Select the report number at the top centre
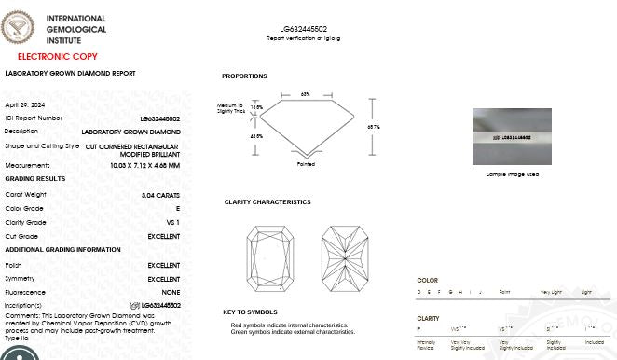click(x=303, y=30)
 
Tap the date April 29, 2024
click(x=23, y=104)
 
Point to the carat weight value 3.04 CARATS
click(x=160, y=195)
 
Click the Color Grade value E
click(x=177, y=209)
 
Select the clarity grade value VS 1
click(x=172, y=223)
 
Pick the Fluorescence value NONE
click(x=171, y=293)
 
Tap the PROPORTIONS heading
click(x=244, y=76)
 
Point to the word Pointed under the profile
click(x=306, y=164)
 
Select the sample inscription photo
click(x=512, y=136)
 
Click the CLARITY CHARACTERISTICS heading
click(x=267, y=202)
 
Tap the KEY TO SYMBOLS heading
click(x=250, y=312)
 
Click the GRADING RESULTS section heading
click(x=35, y=178)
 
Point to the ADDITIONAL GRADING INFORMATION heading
click(x=63, y=250)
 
